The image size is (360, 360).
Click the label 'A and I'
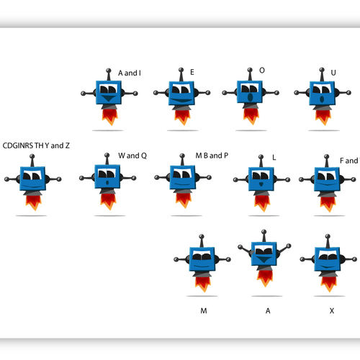pyautogui.click(x=130, y=73)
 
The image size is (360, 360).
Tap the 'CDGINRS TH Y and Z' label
pyautogui.click(x=36, y=145)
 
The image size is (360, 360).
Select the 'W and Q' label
pyautogui.click(x=132, y=156)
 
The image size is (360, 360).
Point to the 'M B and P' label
pyautogui.click(x=212, y=156)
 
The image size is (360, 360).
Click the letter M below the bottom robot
pyautogui.click(x=204, y=311)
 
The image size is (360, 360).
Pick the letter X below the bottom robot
pyautogui.click(x=332, y=311)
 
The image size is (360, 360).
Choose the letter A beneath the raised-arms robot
pyautogui.click(x=268, y=311)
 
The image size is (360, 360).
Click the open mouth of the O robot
pyautogui.click(x=250, y=97)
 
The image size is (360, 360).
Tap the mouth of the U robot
pyautogui.click(x=322, y=99)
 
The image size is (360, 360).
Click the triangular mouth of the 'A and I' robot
pyautogui.click(x=109, y=98)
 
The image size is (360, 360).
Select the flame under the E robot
pyautogui.click(x=182, y=117)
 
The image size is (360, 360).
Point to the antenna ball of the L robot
pyautogui.click(x=261, y=157)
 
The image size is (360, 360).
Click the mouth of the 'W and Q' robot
pyautogui.click(x=107, y=183)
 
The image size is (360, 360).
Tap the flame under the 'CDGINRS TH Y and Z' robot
pyautogui.click(x=34, y=203)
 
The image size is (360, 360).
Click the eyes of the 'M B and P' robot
pyautogui.click(x=182, y=174)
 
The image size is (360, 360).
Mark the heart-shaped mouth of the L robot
pyautogui.click(x=261, y=184)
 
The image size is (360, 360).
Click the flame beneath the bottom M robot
pyautogui.click(x=203, y=284)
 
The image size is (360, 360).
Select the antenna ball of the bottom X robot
pyautogui.click(x=328, y=236)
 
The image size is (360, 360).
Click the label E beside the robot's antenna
pyautogui.click(x=192, y=72)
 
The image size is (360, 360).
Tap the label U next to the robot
pyautogui.click(x=333, y=73)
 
